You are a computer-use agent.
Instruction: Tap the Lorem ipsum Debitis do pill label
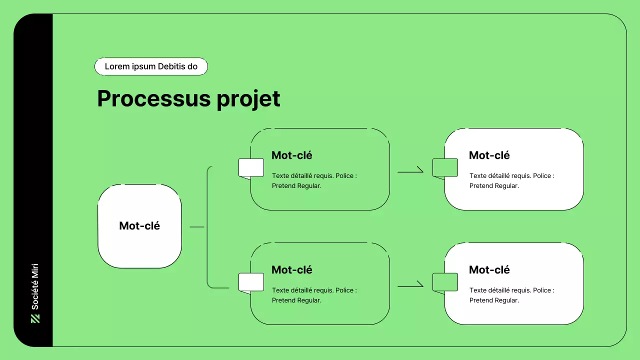(x=151, y=66)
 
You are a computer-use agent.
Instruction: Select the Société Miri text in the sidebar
(x=35, y=286)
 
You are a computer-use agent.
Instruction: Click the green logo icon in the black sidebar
(x=35, y=318)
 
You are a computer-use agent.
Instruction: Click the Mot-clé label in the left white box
(x=139, y=226)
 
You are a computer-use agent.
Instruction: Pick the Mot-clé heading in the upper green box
(x=291, y=155)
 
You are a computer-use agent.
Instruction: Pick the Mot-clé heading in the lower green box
(x=291, y=270)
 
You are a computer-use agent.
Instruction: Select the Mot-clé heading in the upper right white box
(x=489, y=155)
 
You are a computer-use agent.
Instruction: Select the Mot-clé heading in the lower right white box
(x=489, y=270)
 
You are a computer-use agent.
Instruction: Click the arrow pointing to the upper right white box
(x=410, y=171)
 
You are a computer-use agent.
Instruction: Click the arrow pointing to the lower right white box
(x=410, y=286)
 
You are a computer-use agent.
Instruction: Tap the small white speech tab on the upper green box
(x=251, y=168)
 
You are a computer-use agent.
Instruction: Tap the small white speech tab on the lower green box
(x=251, y=282)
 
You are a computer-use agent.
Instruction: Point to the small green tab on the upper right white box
(x=445, y=168)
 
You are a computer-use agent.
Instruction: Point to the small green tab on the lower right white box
(x=445, y=282)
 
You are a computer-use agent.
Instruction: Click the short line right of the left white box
(x=197, y=227)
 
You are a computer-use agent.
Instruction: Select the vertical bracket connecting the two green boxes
(x=207, y=227)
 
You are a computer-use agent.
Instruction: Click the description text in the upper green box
(x=314, y=181)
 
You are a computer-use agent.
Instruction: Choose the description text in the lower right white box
(x=511, y=295)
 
